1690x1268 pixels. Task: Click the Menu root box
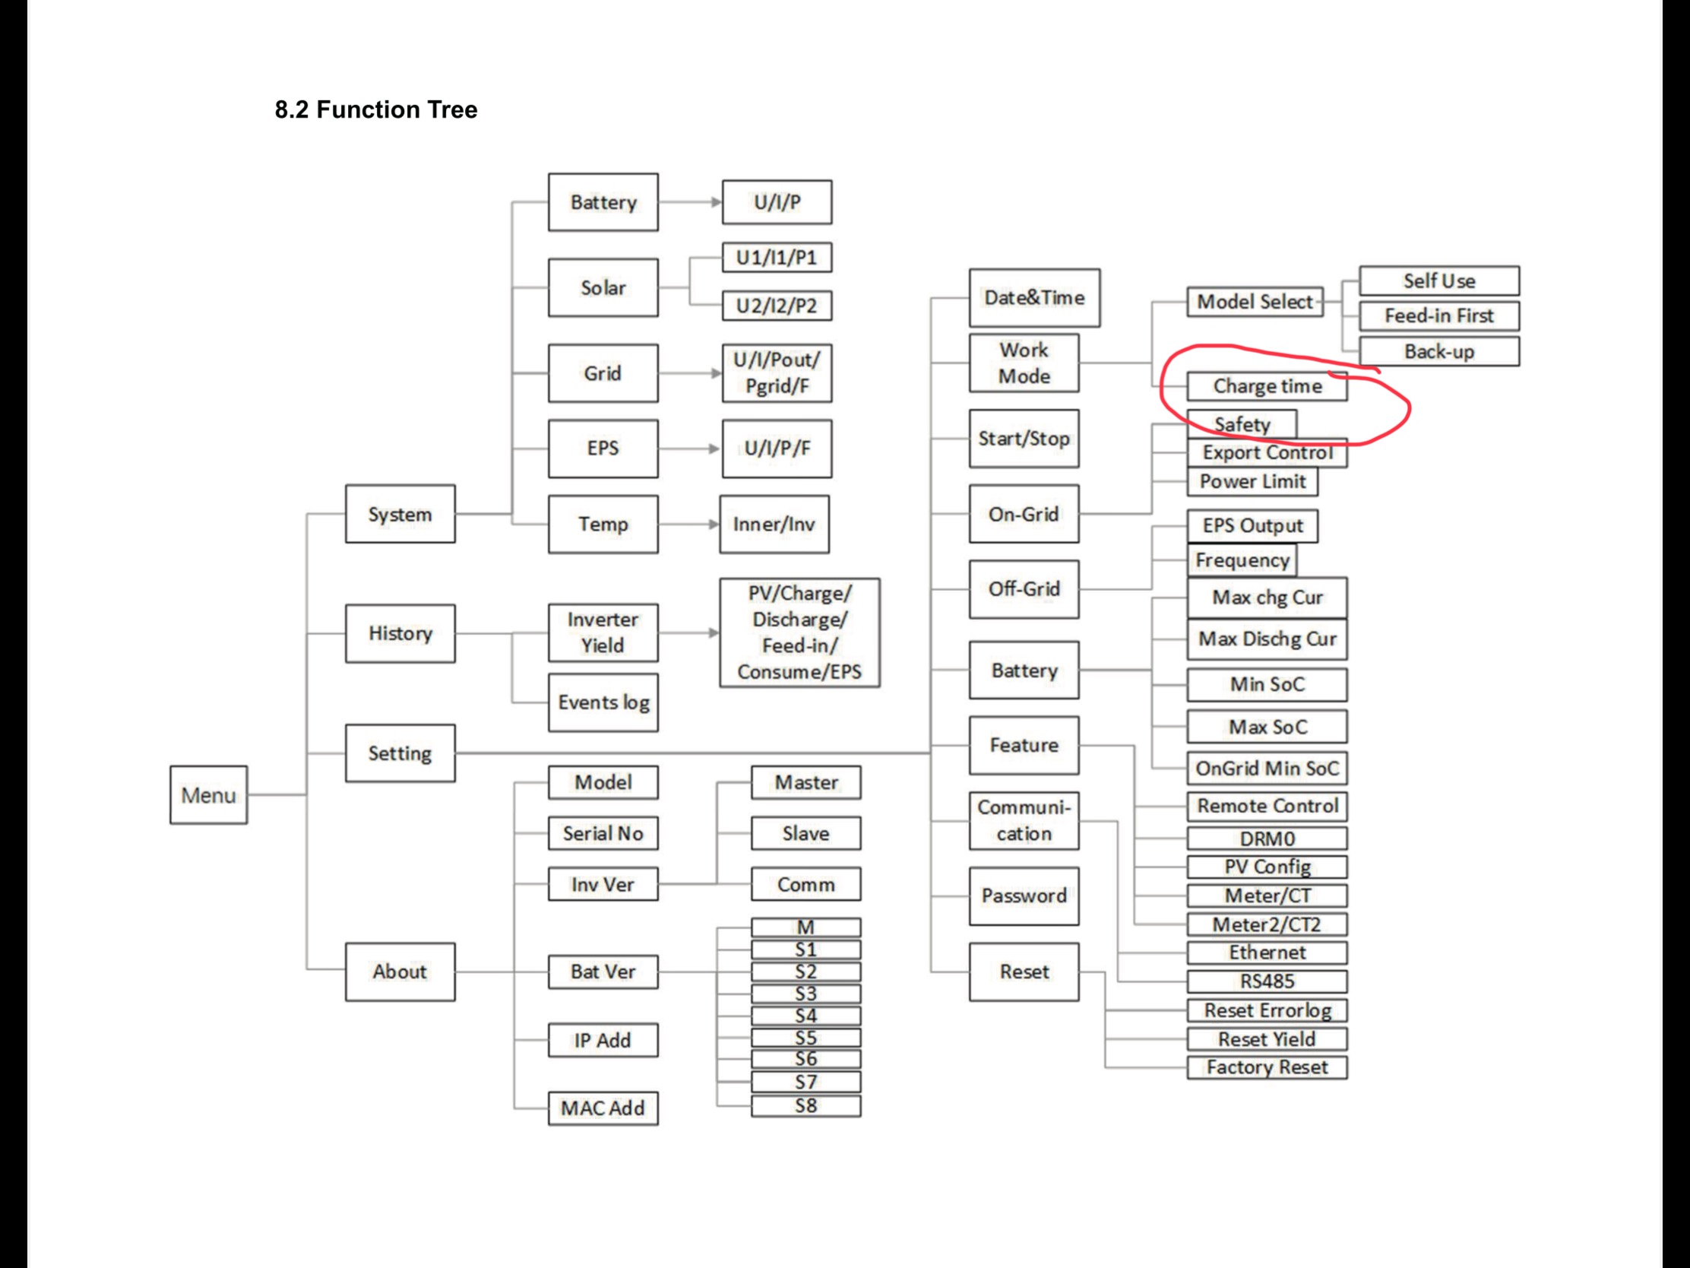coord(208,795)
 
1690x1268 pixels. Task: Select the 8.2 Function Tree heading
coord(376,109)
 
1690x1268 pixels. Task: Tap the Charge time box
coord(1267,386)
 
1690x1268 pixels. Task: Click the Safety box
coord(1242,423)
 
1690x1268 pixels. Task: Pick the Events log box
coord(603,702)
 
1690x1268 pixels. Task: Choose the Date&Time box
coord(1033,297)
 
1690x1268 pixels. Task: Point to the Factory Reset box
coord(1267,1067)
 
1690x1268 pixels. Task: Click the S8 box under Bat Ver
coord(805,1105)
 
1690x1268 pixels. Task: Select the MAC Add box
coord(603,1108)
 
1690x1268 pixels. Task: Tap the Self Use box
coord(1438,281)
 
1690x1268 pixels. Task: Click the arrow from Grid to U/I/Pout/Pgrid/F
coord(690,373)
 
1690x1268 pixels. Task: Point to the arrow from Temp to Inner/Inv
coord(688,525)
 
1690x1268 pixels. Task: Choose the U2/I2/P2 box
coord(777,306)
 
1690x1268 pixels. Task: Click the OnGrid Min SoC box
coord(1267,768)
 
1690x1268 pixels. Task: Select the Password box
coord(1024,896)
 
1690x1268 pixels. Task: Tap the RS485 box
coord(1267,981)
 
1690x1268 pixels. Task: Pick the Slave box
coord(805,833)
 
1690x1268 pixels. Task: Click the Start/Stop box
coord(1024,439)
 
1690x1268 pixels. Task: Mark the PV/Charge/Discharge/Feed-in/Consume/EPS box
coord(799,632)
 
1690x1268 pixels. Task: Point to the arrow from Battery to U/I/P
coord(690,201)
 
